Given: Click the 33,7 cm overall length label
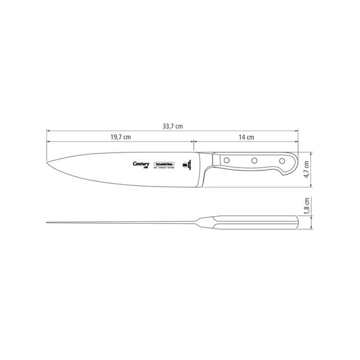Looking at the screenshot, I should click(172, 127).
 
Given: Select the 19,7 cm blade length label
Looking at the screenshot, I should click(121, 137).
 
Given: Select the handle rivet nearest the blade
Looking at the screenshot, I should click(228, 160).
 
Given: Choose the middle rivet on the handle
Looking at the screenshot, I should click(254, 160).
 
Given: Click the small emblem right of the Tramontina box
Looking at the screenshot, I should click(185, 163).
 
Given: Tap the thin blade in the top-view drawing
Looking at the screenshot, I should click(120, 223).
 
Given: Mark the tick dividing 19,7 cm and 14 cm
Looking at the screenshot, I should click(193, 143).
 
